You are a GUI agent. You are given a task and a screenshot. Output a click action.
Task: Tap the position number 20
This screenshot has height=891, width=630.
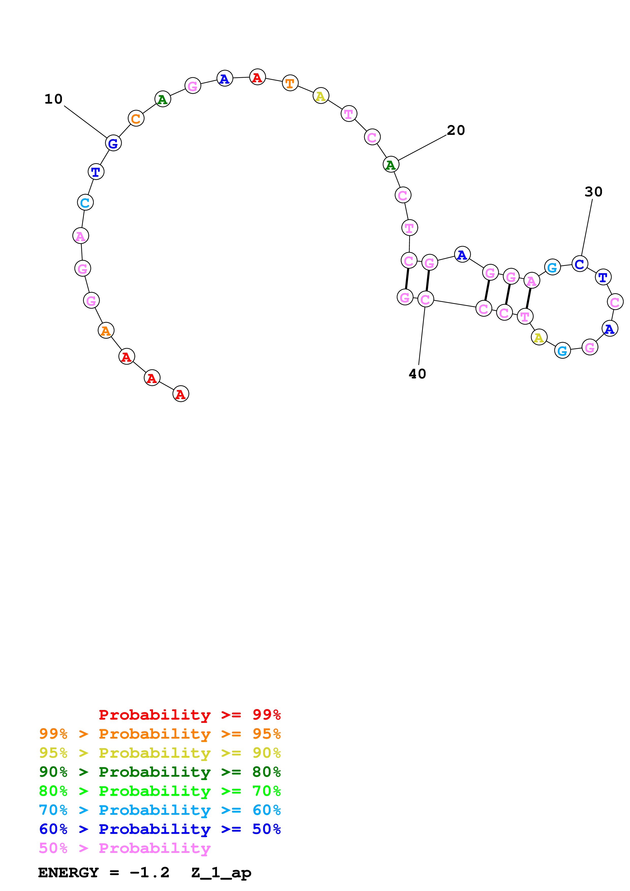(x=455, y=130)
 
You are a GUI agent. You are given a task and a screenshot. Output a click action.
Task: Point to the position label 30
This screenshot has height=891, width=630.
(x=593, y=192)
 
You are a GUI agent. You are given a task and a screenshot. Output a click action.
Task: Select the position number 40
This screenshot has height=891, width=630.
(x=417, y=374)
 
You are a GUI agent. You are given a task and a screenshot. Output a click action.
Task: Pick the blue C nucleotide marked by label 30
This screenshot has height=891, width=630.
(x=579, y=264)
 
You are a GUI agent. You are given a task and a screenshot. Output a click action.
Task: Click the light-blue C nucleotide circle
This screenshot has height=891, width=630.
(x=85, y=203)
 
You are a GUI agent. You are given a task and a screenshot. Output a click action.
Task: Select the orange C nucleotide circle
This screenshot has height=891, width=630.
(x=136, y=118)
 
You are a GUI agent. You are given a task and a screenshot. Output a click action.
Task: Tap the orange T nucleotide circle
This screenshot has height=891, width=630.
(x=290, y=83)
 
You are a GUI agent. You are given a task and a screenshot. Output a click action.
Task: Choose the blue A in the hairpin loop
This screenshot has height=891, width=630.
(x=609, y=329)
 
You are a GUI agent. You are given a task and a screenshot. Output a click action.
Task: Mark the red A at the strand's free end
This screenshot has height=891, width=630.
(x=180, y=394)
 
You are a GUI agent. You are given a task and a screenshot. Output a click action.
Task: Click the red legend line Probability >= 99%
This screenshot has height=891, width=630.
(x=189, y=714)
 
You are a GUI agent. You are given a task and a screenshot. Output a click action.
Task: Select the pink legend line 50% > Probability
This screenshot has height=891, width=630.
(x=125, y=848)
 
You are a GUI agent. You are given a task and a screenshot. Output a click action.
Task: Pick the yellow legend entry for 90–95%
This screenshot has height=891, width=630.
(x=160, y=753)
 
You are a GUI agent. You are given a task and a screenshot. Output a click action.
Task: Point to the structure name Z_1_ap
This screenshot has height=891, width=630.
(x=221, y=872)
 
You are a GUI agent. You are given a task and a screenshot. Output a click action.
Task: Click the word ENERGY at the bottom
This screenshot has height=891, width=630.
(x=68, y=872)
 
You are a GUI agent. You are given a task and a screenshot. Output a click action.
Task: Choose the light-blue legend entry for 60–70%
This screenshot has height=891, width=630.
(x=160, y=810)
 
